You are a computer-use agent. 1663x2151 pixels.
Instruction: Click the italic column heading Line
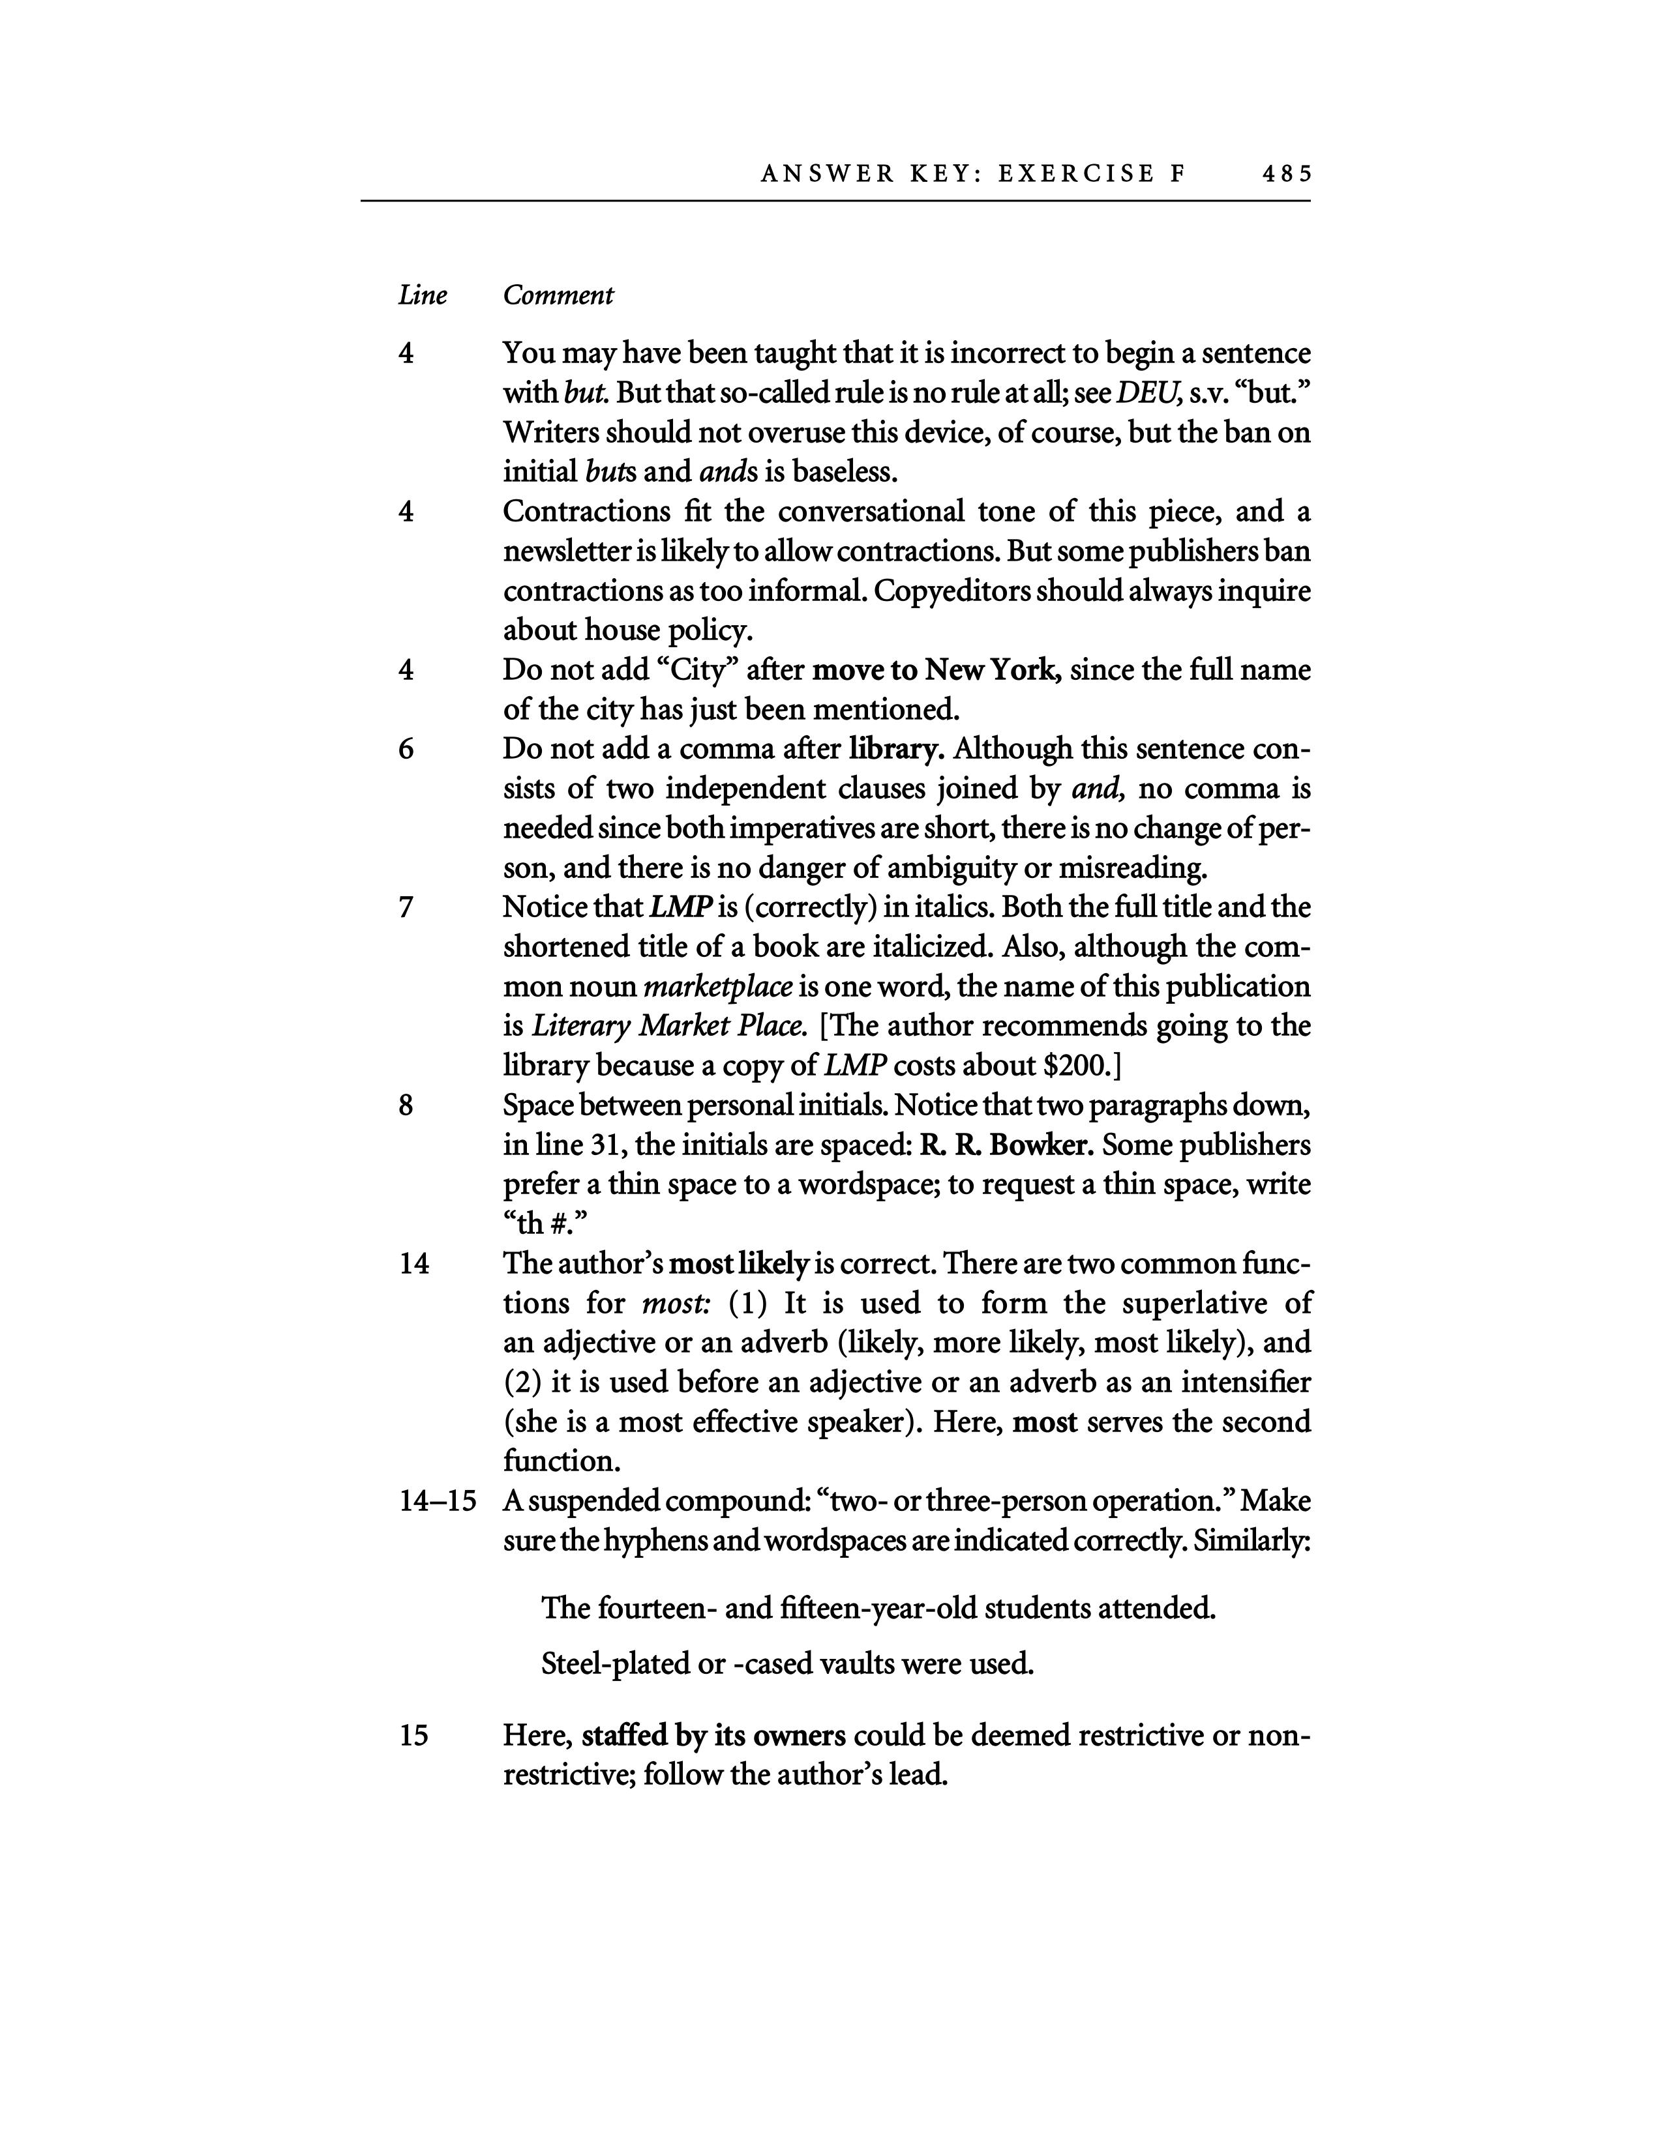pyautogui.click(x=422, y=295)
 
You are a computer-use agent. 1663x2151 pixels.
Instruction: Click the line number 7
pyautogui.click(x=406, y=907)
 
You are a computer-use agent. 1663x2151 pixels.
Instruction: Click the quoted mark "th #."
pyautogui.click(x=545, y=1224)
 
